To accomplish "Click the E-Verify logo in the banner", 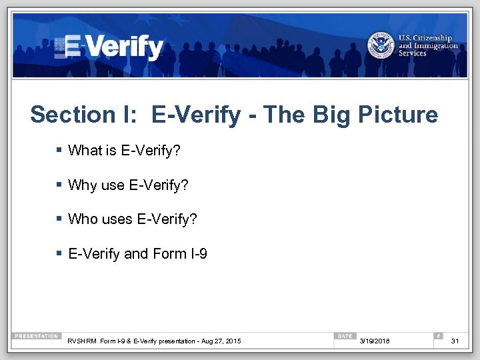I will pos(109,47).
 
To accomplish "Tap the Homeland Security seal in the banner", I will pos(381,45).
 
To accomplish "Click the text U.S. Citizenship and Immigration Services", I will pos(428,45).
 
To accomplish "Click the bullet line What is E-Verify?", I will pos(124,151).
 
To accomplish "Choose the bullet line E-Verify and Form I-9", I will pos(137,253).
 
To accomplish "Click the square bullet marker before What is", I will pos(59,151).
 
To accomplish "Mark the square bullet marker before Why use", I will pos(59,185).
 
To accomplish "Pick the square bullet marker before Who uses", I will pos(59,219).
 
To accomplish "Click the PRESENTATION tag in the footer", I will pos(37,336).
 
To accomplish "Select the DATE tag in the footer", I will pos(345,336).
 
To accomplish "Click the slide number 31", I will pos(455,341).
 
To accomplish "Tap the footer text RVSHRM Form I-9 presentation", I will pos(154,341).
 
